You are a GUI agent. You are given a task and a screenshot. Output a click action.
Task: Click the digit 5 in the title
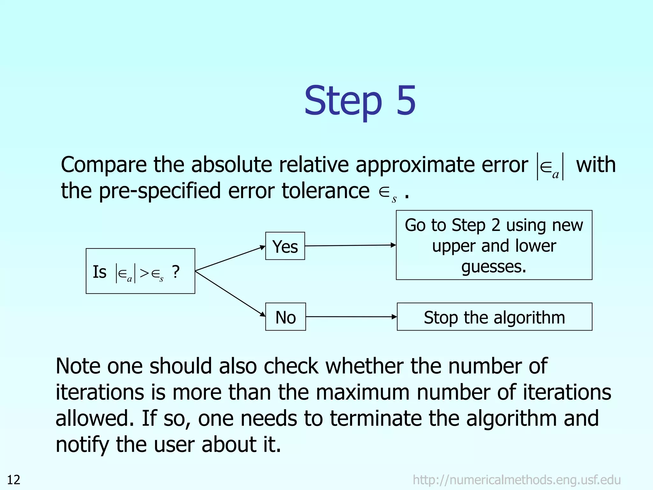(x=406, y=100)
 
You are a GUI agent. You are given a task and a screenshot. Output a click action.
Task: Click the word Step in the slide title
(x=343, y=101)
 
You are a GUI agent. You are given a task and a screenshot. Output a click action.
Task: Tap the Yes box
(x=285, y=246)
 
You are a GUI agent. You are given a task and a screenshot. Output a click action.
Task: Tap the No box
(x=285, y=317)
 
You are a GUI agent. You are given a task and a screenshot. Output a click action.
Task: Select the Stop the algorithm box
(x=494, y=317)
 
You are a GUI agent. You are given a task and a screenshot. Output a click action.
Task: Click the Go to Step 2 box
(x=494, y=245)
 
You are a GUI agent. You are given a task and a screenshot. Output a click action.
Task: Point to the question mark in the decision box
(x=176, y=272)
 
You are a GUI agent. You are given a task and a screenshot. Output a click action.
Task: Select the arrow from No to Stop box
(x=351, y=317)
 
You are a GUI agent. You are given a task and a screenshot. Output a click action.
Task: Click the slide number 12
(x=14, y=480)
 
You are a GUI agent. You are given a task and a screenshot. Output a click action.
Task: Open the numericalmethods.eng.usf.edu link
(x=517, y=480)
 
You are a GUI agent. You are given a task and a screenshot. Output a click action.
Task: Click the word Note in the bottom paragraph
(x=78, y=366)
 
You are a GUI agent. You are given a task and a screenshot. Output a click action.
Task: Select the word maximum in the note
(x=362, y=392)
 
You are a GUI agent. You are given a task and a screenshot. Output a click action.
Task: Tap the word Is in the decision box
(x=99, y=272)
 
